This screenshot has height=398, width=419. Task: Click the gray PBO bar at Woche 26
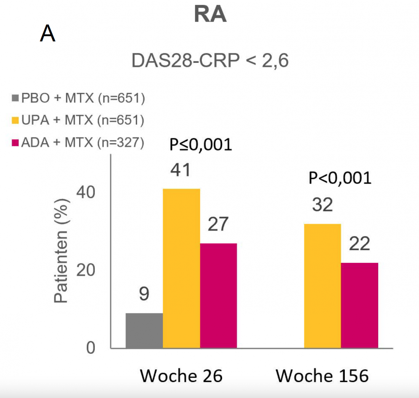(x=144, y=331)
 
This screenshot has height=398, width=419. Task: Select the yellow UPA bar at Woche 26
(x=181, y=269)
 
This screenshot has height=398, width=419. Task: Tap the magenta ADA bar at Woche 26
(x=218, y=296)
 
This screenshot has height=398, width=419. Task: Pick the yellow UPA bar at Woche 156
(x=322, y=286)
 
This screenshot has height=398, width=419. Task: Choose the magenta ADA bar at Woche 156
(x=360, y=305)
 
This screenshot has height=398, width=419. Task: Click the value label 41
(x=180, y=171)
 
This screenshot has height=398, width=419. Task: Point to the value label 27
(x=217, y=225)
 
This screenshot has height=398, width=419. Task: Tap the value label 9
(x=144, y=295)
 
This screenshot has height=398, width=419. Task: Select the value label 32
(x=323, y=206)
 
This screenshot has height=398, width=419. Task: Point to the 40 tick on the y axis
(x=86, y=193)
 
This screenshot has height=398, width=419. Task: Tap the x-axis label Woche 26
(x=181, y=376)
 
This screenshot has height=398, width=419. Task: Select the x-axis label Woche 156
(x=322, y=376)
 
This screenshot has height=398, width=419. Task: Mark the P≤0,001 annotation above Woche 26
(x=200, y=145)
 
